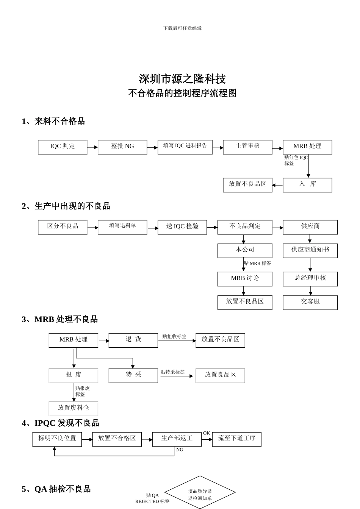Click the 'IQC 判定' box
point(63,147)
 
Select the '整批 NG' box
point(122,147)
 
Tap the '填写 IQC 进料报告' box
point(185,147)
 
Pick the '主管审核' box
point(247,147)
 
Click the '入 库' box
point(307,185)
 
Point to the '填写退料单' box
point(122,227)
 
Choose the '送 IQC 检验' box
point(182,227)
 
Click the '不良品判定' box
point(245,227)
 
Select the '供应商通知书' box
point(310,251)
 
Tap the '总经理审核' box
point(310,279)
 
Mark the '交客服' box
point(310,303)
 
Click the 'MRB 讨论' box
point(245,279)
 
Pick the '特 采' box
point(133,376)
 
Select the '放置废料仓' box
point(74,409)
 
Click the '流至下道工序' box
point(236,439)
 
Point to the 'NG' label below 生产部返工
point(180,450)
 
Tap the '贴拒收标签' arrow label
point(174,336)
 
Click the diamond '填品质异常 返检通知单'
point(200,494)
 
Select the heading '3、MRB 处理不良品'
point(60,319)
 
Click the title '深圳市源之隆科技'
point(182,79)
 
